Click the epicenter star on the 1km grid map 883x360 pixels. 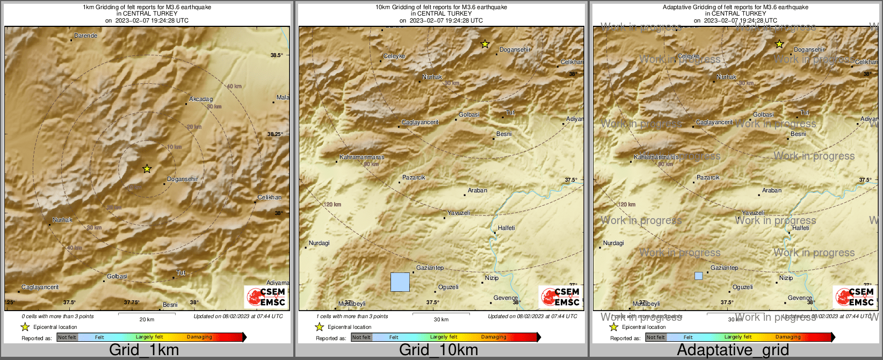pos(147,169)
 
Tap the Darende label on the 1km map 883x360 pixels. pos(86,36)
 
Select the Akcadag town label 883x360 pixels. pos(201,99)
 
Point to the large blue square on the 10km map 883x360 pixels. pos(400,282)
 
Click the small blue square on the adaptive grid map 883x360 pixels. pos(698,276)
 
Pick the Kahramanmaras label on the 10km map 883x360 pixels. pos(362,157)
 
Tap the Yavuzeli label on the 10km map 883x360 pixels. pos(459,213)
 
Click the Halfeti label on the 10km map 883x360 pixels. pos(506,228)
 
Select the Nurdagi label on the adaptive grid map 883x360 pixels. pos(613,243)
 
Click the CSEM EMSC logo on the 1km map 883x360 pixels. pos(266,297)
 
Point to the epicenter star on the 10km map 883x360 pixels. pos(485,44)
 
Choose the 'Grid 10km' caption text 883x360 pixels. pos(438,350)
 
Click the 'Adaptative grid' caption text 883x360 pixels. pos(733,350)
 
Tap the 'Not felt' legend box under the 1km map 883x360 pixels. pos(67,337)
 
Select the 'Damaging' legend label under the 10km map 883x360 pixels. pos(494,337)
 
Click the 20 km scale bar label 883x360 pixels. pos(147,320)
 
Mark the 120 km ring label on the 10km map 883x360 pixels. pos(332,205)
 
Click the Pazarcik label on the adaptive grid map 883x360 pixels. pos(708,178)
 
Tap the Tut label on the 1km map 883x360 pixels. pos(181,273)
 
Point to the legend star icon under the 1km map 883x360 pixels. pos(25,327)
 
